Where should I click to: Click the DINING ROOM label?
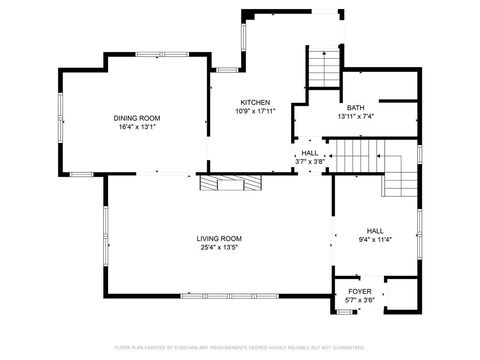pos(137,118)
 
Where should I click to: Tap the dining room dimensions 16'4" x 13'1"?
pos(137,127)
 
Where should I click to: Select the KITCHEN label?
pos(255,102)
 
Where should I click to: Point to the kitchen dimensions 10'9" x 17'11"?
pos(255,111)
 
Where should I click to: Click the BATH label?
pos(355,108)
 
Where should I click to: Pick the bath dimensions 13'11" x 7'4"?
pos(355,117)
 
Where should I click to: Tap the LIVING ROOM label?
pos(219,238)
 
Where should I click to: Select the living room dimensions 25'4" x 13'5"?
pos(219,247)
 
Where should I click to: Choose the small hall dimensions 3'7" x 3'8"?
pos(310,161)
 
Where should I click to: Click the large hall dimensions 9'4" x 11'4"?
pos(374,239)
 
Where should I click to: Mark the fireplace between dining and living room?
pos(231,182)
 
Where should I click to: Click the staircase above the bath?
pos(324,68)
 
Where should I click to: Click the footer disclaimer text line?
pos(239,347)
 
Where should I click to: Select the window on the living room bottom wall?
pos(220,295)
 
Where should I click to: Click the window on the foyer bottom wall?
pos(346,312)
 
